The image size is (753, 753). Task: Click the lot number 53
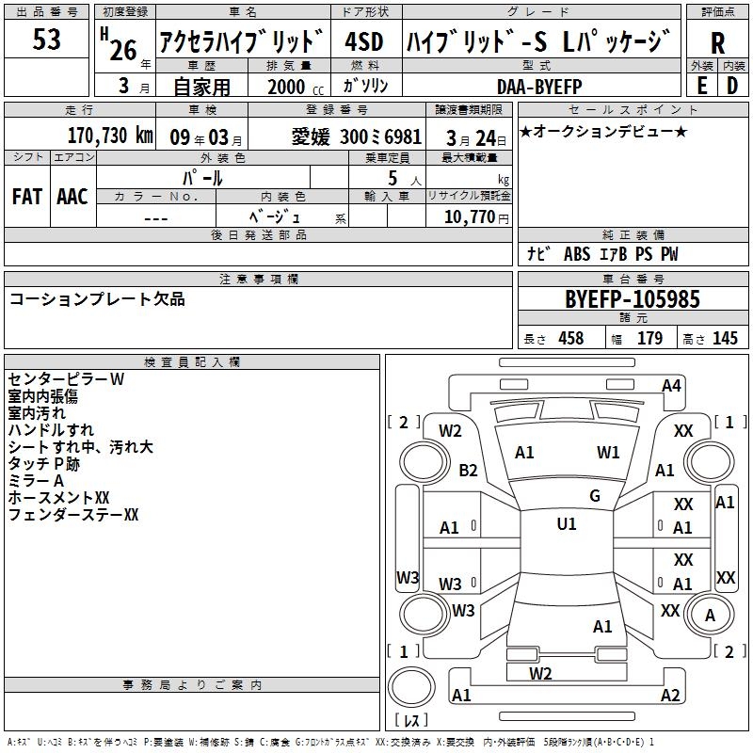pyautogui.click(x=46, y=40)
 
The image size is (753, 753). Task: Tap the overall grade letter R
pyautogui.click(x=717, y=43)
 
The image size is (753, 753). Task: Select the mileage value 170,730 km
pyautogui.click(x=110, y=136)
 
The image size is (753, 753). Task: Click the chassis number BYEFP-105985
pyautogui.click(x=633, y=299)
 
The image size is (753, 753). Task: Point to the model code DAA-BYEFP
pyautogui.click(x=539, y=87)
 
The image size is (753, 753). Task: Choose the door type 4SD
pyautogui.click(x=364, y=41)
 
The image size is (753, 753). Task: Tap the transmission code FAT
pyautogui.click(x=27, y=197)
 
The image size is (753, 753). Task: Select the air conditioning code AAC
pyautogui.click(x=72, y=197)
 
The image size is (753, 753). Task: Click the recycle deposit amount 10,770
pyautogui.click(x=470, y=217)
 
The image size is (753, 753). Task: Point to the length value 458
pyautogui.click(x=571, y=339)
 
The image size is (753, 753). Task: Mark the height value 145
pyautogui.click(x=725, y=339)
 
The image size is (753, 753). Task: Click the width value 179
pyautogui.click(x=649, y=339)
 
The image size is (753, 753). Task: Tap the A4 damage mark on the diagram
pyautogui.click(x=671, y=386)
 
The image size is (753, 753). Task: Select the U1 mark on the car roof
pyautogui.click(x=567, y=524)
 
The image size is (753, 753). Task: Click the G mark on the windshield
pyautogui.click(x=595, y=496)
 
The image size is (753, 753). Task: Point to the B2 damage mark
pyautogui.click(x=468, y=470)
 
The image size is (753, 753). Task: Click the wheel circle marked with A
pyautogui.click(x=710, y=615)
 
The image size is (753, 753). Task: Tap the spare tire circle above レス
pyautogui.click(x=411, y=687)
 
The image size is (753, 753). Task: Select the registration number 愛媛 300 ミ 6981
pyautogui.click(x=357, y=137)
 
